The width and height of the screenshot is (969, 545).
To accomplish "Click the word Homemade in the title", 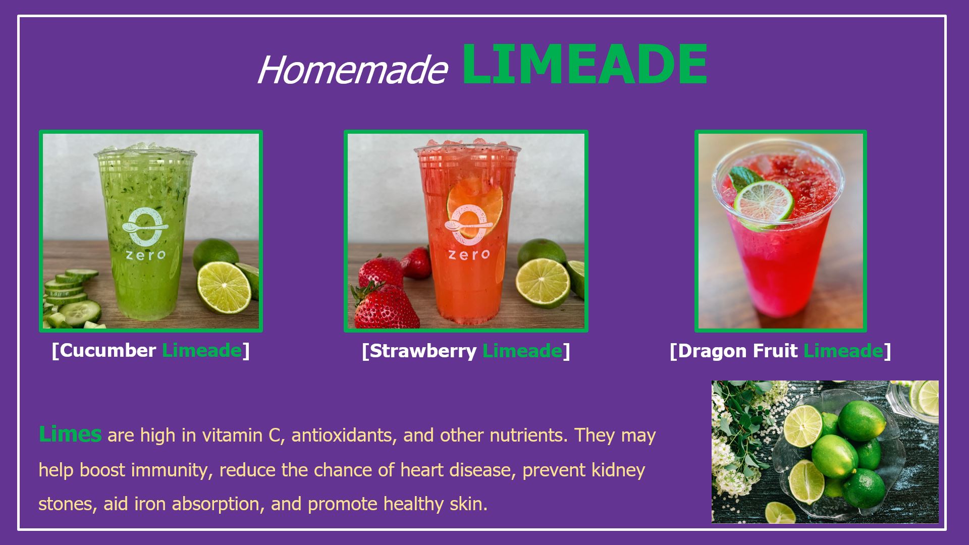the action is (x=352, y=69).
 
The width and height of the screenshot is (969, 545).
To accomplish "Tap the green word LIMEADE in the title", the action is (x=584, y=65).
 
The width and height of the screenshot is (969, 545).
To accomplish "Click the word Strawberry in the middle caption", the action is (x=423, y=351).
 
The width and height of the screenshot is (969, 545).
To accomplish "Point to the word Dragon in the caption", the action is (x=712, y=351).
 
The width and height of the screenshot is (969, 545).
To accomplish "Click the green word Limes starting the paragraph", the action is (x=70, y=434).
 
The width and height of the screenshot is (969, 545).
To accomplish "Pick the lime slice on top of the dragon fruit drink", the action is (x=763, y=204).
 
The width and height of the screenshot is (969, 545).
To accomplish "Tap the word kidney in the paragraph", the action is (x=618, y=470).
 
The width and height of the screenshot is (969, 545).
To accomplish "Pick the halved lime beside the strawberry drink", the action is (x=542, y=283).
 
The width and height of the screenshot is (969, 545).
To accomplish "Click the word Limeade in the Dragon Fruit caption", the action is (x=843, y=351).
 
